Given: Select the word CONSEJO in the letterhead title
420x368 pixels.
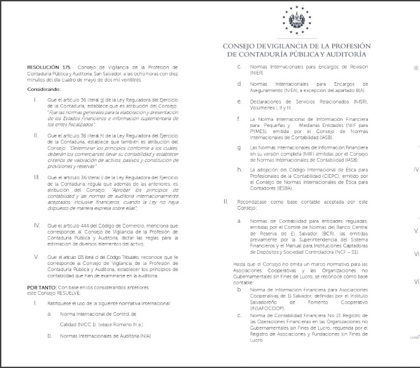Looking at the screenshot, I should coord(240,46).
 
